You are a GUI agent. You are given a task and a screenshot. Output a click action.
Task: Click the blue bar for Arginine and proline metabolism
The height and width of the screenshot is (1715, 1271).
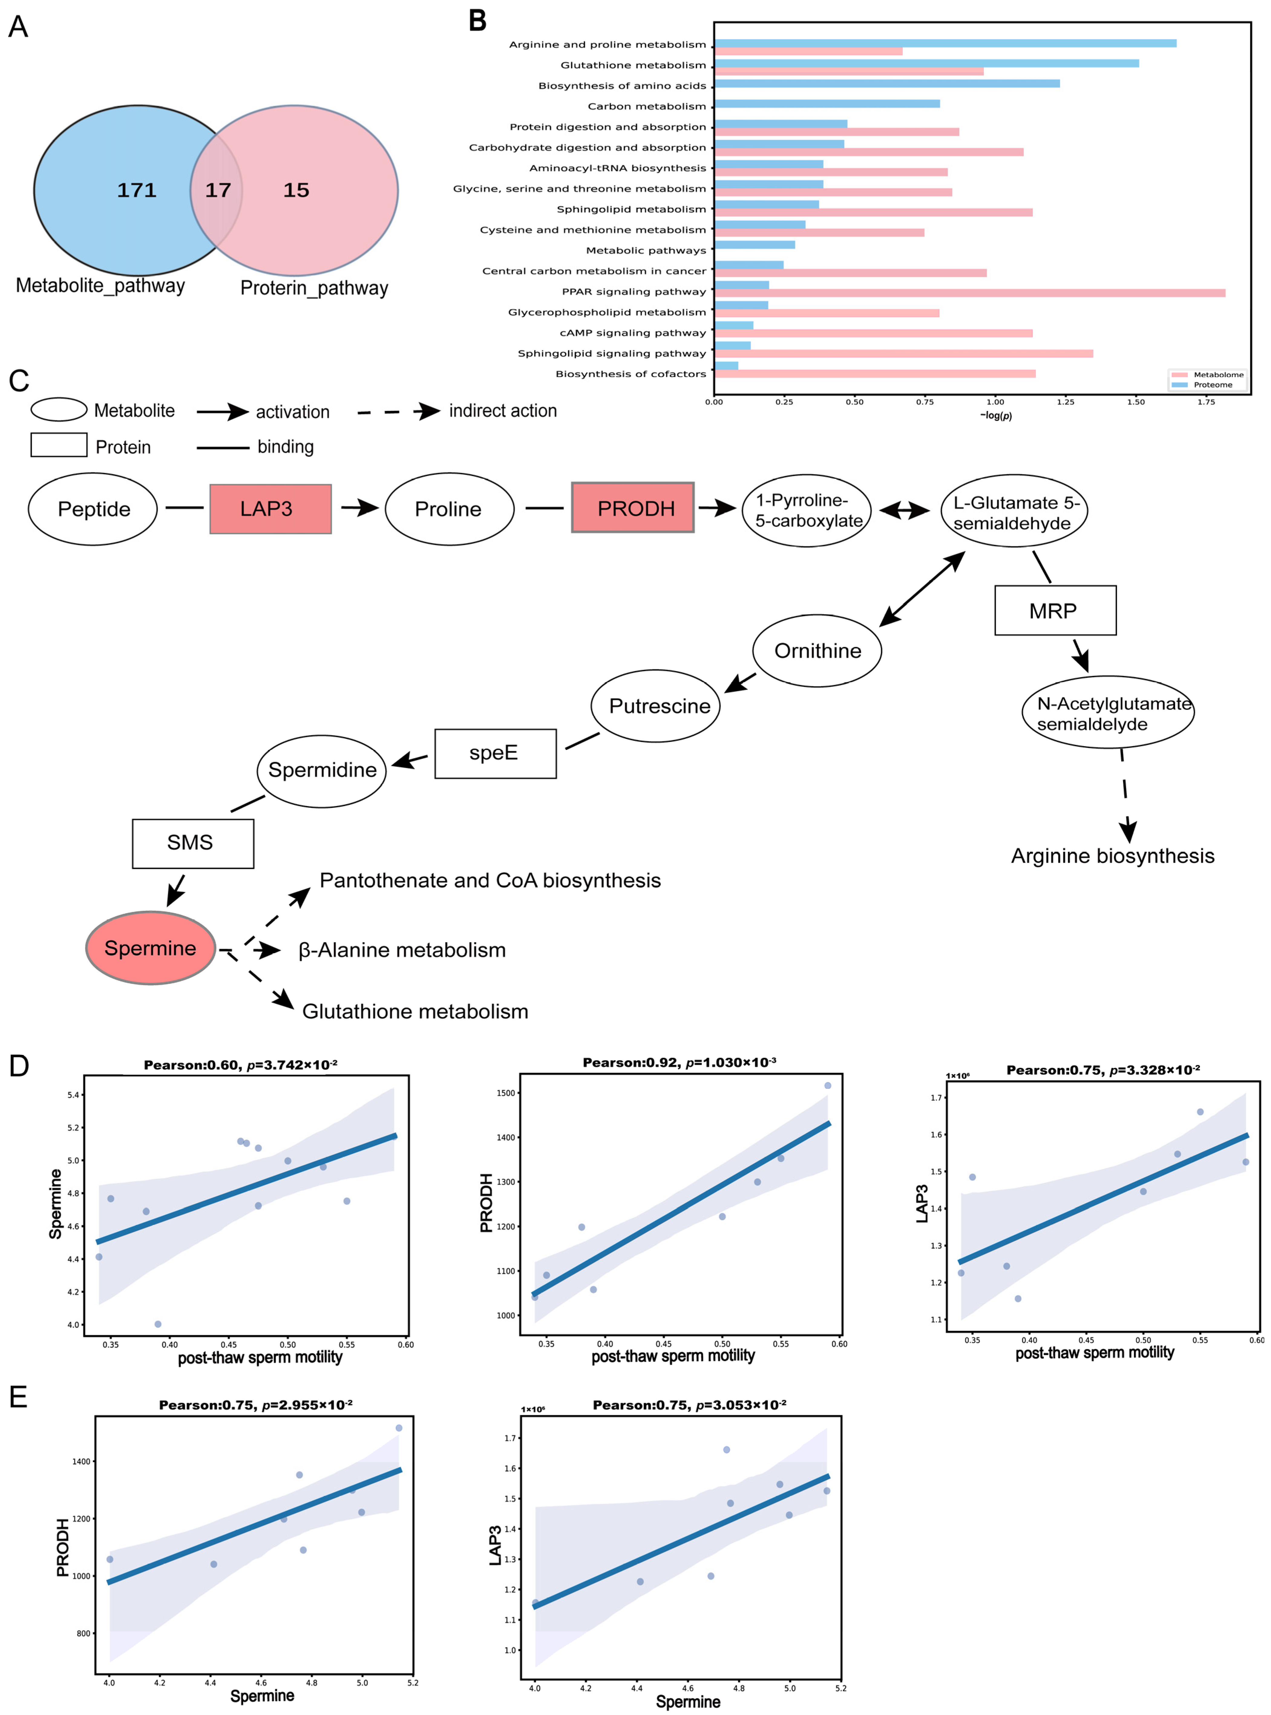pos(945,43)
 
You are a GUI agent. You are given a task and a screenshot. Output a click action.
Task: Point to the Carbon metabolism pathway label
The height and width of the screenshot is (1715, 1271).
pos(646,106)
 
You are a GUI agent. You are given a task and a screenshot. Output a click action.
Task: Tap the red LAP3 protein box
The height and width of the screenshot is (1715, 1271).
pos(270,509)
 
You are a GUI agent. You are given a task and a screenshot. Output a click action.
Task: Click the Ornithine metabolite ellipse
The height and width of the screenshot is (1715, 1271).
pos(817,651)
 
